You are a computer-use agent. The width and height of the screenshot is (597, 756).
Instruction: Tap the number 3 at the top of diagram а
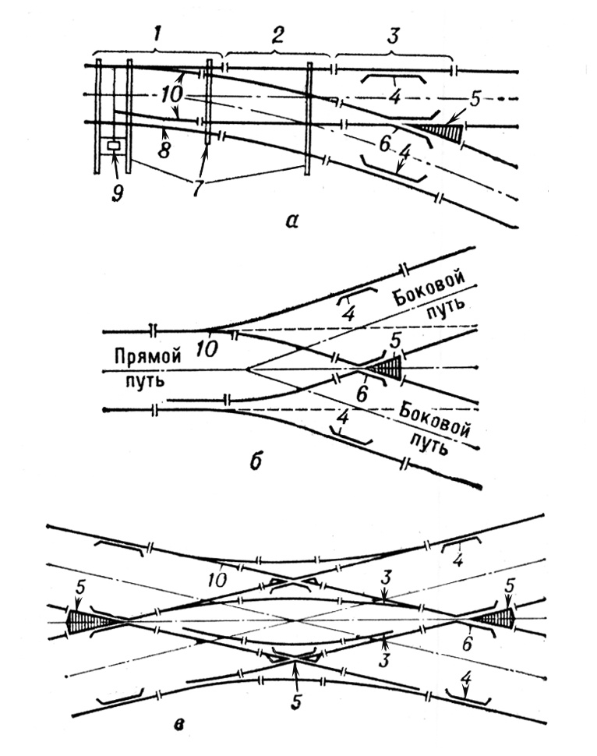tap(394, 36)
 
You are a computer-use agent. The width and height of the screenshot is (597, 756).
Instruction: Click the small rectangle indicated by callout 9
tap(115, 145)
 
